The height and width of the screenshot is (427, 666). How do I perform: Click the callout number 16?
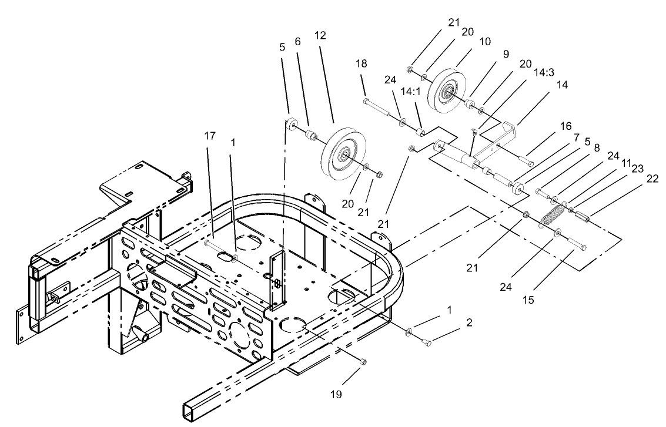coord(565,126)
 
